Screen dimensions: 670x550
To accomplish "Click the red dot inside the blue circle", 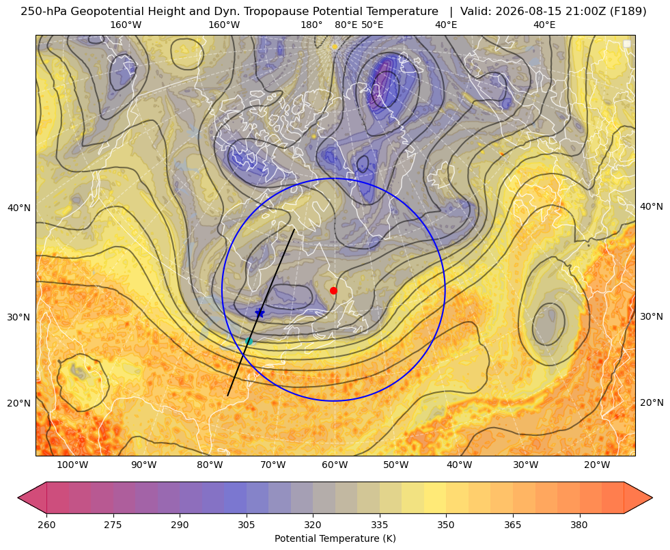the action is [334, 290].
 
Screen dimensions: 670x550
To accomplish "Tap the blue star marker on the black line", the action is [260, 313].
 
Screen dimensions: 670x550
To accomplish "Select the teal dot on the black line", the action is [249, 341].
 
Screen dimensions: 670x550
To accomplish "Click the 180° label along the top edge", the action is [311, 25].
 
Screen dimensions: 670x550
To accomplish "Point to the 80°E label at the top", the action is [346, 25].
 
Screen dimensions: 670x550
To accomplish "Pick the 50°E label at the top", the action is [372, 25].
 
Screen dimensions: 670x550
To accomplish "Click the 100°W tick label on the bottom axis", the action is [72, 465].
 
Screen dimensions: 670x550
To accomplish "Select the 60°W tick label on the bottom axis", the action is [335, 465].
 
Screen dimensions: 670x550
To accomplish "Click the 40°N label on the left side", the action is [19, 208].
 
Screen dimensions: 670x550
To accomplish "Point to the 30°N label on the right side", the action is [652, 316].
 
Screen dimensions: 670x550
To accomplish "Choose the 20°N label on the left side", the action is [19, 403].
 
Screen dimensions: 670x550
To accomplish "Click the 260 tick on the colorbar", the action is [46, 525].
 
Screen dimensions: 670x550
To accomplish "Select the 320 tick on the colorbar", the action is [313, 525].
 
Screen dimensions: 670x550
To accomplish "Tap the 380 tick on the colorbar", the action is [579, 525].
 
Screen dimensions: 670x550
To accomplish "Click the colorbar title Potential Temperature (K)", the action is [335, 538].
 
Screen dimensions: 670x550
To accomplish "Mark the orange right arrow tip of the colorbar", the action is [652, 497].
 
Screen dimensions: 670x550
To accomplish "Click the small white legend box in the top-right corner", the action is [627, 44].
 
